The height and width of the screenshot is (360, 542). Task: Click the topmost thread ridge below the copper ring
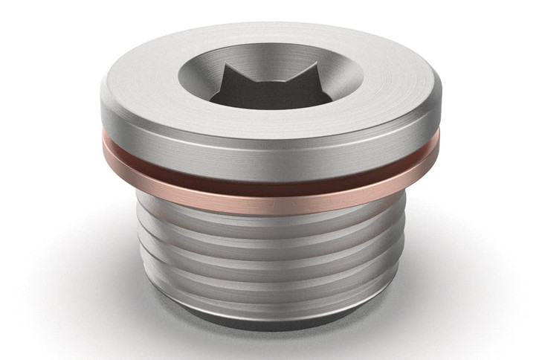pos(268,223)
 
